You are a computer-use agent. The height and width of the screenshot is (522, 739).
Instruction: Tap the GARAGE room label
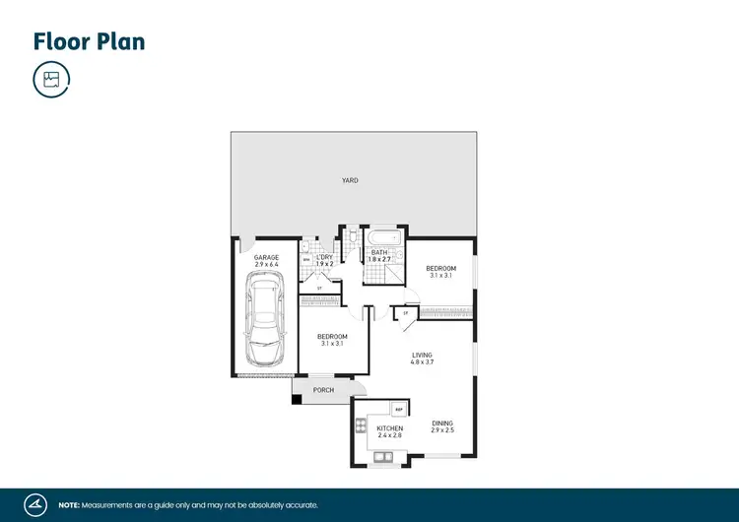[x=266, y=257]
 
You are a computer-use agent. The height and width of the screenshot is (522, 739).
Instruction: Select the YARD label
[x=350, y=181]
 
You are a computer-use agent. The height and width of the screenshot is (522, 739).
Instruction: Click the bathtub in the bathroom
[x=384, y=237]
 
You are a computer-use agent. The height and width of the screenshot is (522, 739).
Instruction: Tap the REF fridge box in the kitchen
[x=399, y=409]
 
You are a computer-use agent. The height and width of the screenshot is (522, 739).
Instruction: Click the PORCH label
[x=323, y=390]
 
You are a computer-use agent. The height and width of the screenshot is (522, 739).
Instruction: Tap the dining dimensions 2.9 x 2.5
[x=441, y=430]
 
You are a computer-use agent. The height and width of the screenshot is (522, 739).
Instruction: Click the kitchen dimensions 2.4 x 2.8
[x=389, y=434]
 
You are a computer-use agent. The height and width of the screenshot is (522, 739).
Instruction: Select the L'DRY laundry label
[x=325, y=257]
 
